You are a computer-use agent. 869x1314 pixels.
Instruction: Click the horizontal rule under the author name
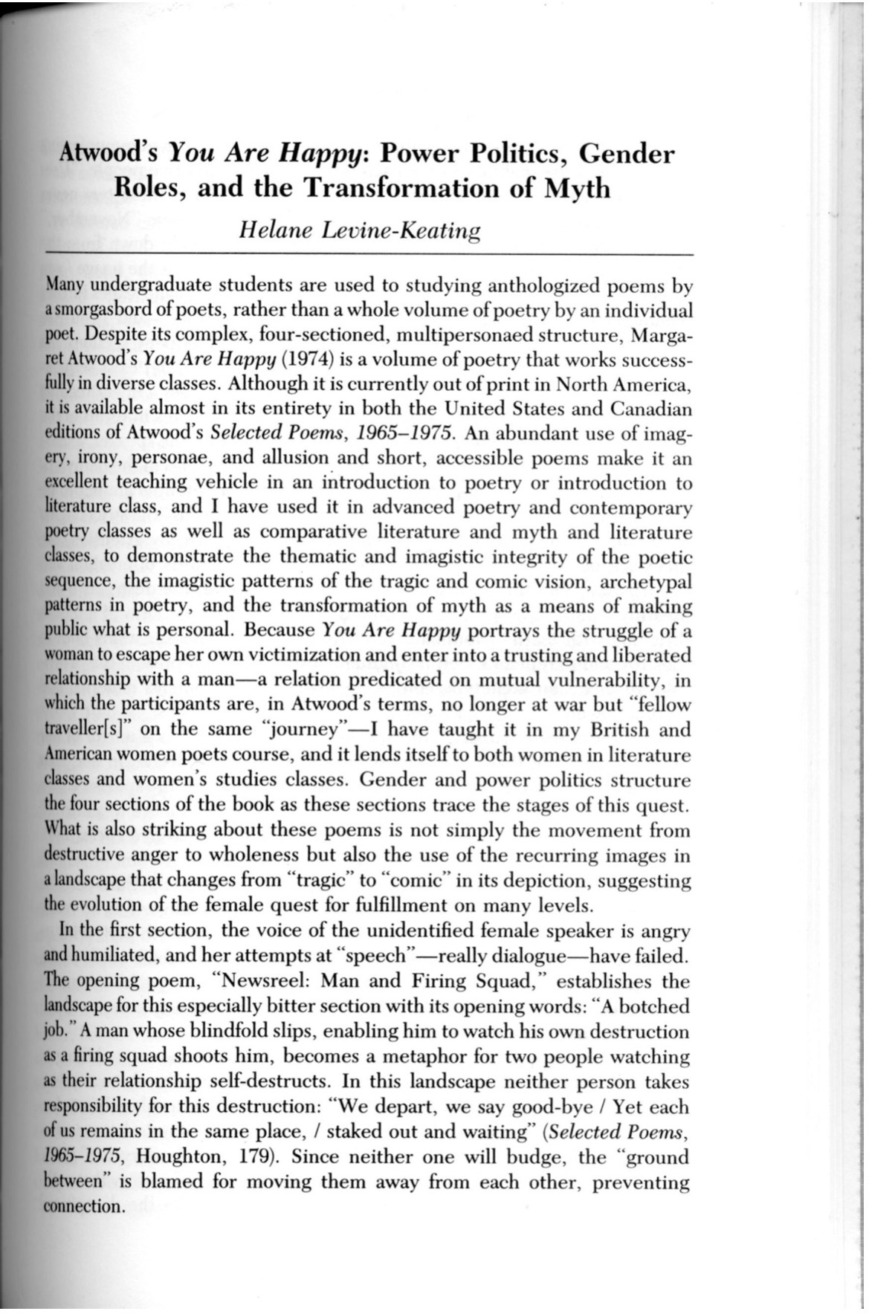[x=364, y=255]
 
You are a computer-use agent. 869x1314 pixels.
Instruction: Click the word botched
[x=654, y=1006]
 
